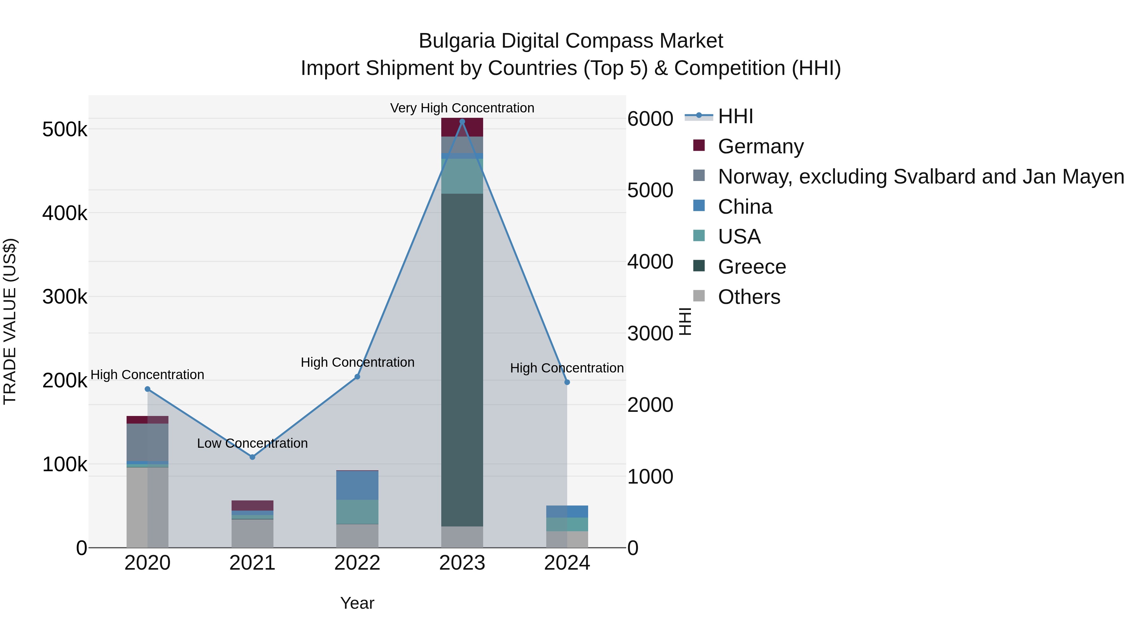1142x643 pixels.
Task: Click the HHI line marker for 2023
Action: pos(462,122)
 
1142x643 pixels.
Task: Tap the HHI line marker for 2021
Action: pos(252,457)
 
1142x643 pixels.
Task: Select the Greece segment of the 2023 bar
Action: pos(462,359)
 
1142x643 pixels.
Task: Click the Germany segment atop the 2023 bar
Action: pos(462,127)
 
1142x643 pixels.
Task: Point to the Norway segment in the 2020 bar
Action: pos(147,442)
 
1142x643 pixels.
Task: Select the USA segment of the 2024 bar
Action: pos(567,524)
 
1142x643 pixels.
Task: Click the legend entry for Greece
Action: pos(751,267)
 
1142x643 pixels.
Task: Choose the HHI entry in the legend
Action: pos(735,116)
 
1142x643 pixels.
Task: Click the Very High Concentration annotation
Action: pos(462,108)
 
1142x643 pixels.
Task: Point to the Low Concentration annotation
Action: pos(252,443)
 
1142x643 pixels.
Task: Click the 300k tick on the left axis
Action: pos(65,297)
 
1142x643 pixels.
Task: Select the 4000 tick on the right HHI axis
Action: pos(650,262)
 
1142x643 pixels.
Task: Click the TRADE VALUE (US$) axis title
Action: pos(10,321)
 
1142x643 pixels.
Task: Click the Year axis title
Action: pos(357,603)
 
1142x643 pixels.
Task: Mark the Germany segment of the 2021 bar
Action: pos(252,506)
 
